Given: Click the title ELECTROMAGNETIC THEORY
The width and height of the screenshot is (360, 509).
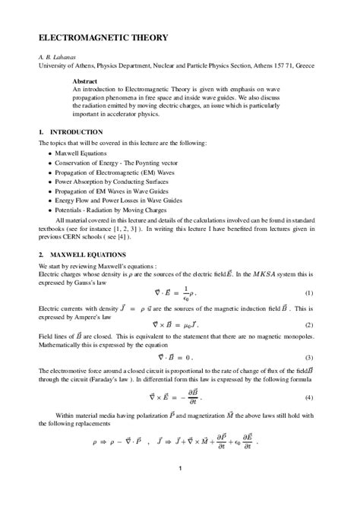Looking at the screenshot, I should coord(98,38).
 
